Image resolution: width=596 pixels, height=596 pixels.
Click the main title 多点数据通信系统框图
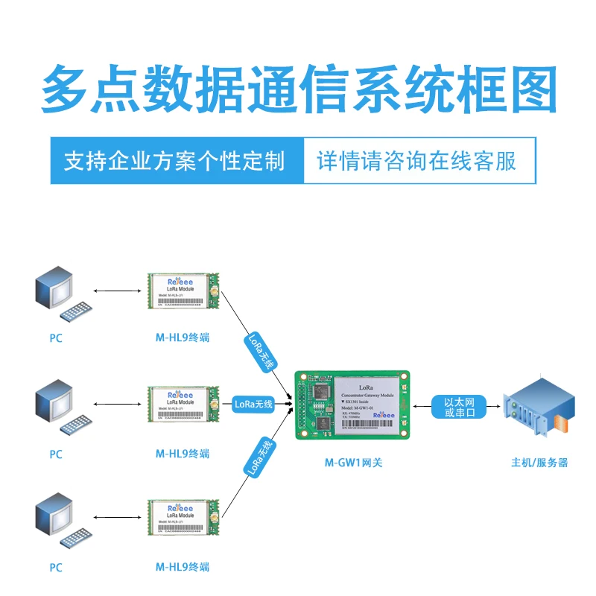tap(298, 89)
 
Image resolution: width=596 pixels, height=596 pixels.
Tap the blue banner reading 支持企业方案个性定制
tap(176, 160)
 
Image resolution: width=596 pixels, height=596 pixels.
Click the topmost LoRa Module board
tap(182, 292)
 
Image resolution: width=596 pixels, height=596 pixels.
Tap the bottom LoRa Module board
tap(182, 519)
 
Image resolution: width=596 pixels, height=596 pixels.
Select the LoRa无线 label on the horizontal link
tap(253, 405)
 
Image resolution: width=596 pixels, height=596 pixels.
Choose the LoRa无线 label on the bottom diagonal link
tap(260, 457)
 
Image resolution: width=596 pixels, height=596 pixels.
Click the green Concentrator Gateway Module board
tap(353, 404)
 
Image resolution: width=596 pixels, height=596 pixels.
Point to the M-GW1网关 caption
tap(353, 463)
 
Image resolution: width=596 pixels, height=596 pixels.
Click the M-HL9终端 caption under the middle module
tap(183, 454)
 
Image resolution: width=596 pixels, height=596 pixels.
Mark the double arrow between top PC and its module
tap(118, 291)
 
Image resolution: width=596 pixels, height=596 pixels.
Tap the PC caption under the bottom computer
tap(56, 568)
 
